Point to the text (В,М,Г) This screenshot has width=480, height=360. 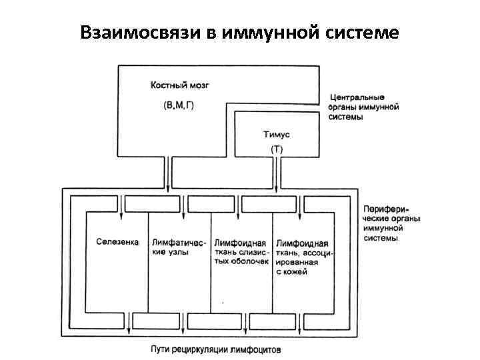coord(179,106)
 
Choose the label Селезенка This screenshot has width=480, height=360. coord(117,243)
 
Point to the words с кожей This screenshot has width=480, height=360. coord(291,272)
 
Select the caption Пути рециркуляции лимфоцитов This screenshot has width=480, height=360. coord(215,349)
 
